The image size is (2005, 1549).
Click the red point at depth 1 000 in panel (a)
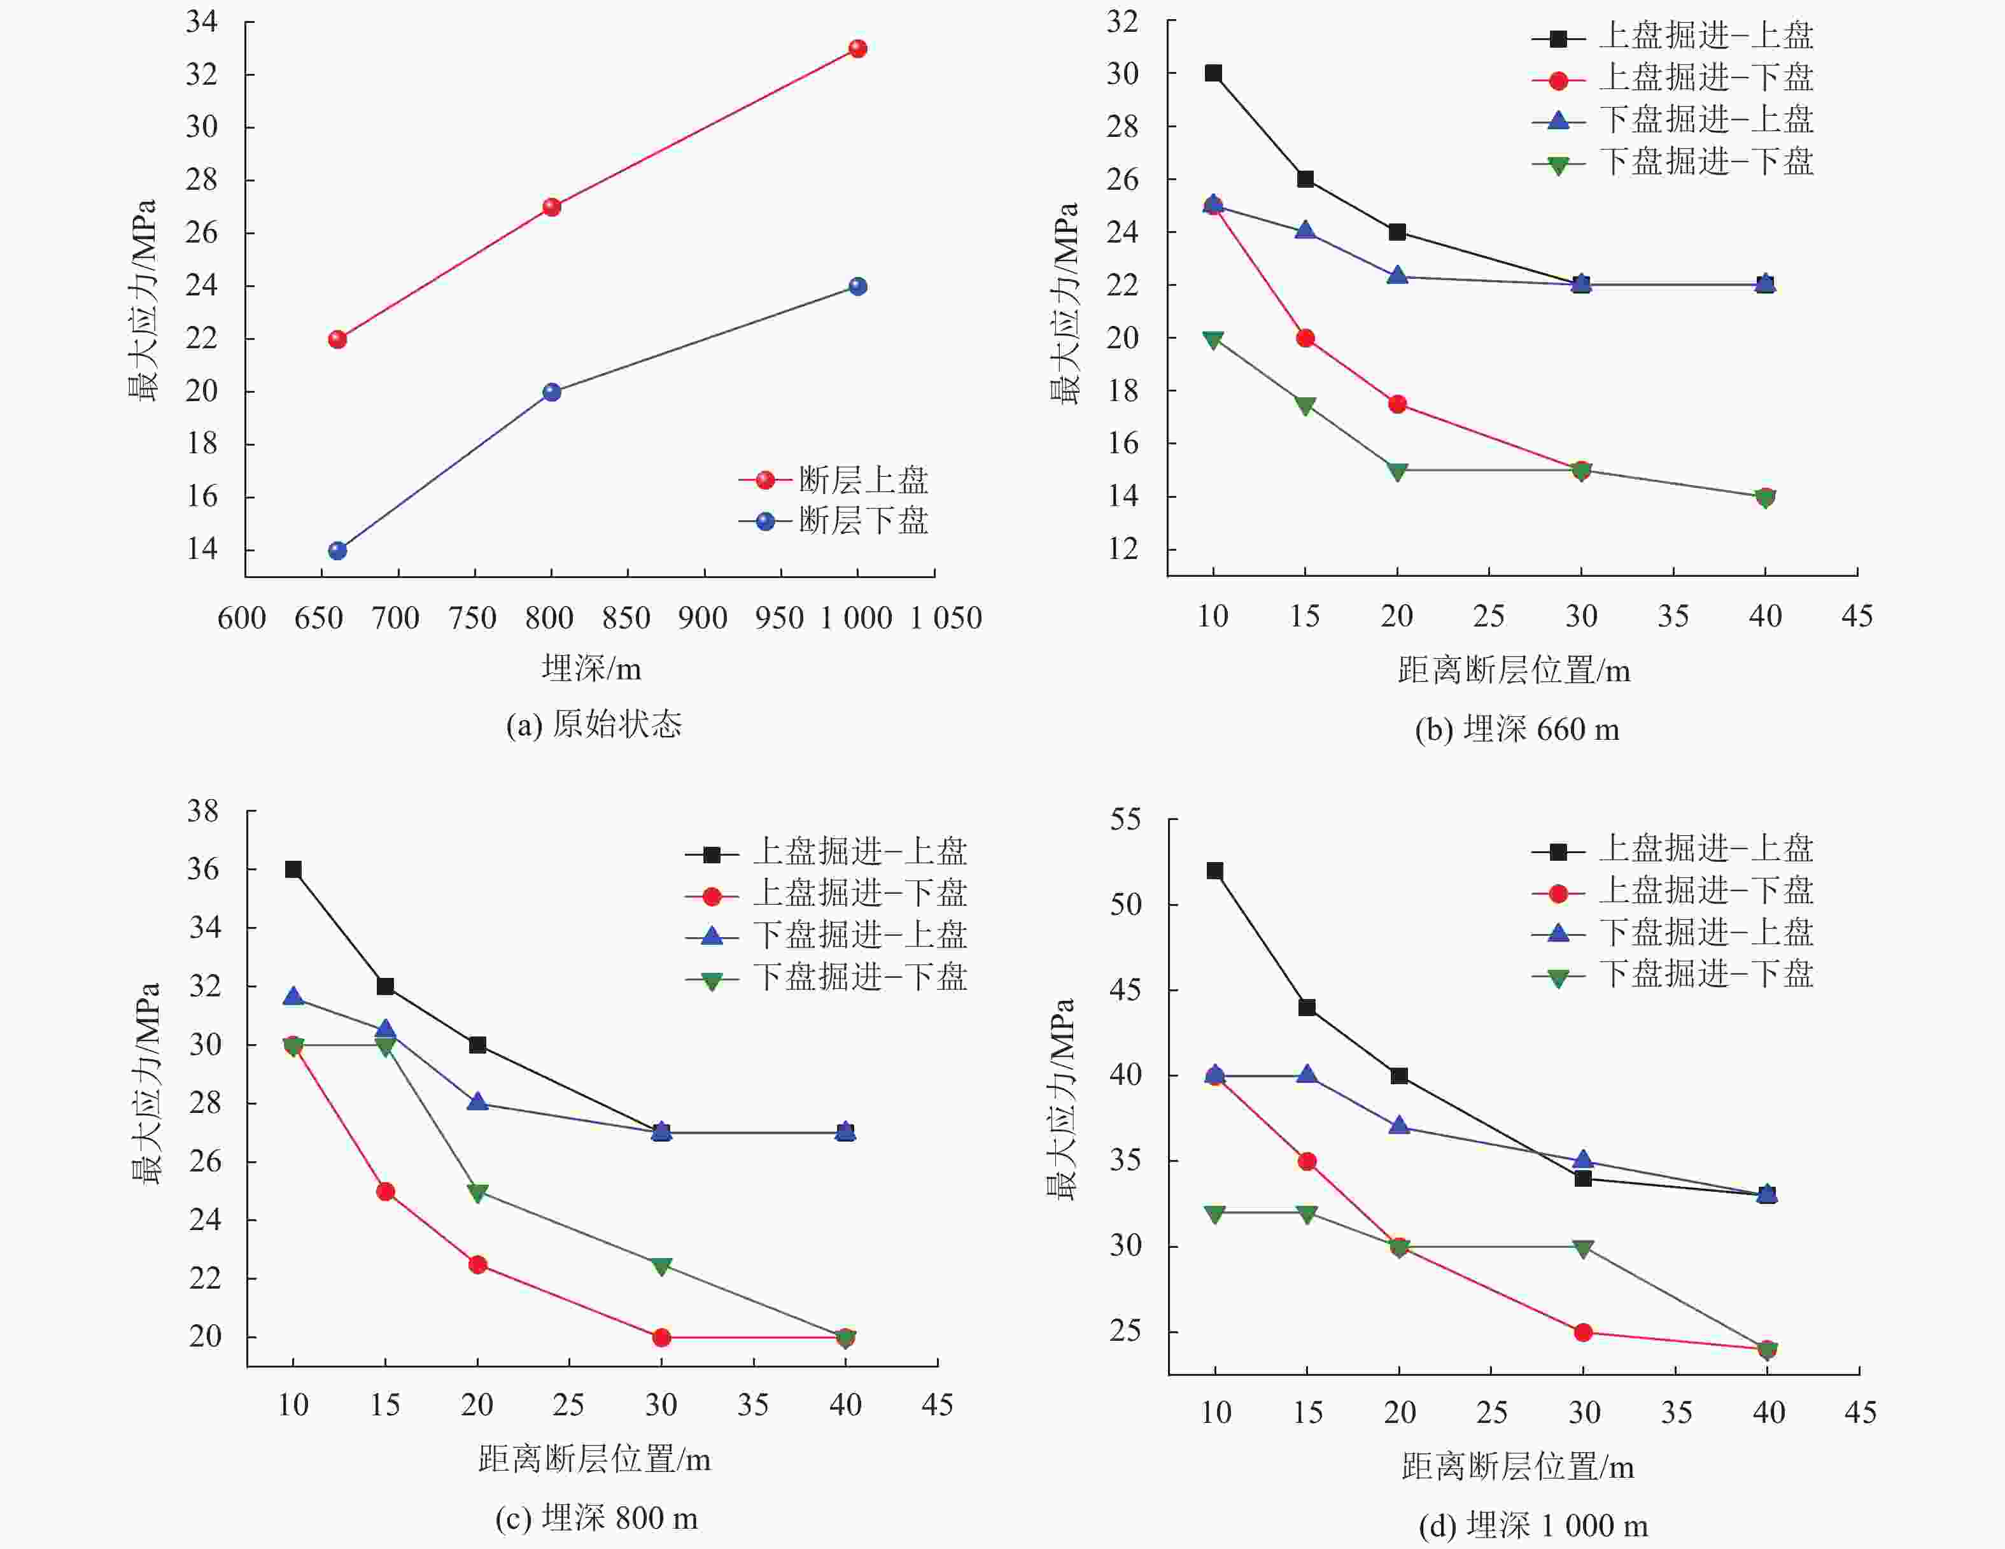(857, 48)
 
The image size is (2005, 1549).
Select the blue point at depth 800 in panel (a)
(552, 392)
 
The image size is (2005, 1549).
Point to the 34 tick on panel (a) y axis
(202, 21)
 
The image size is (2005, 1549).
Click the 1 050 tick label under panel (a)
(946, 618)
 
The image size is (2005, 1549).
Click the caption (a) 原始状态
(594, 725)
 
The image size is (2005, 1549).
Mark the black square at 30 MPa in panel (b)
(1213, 73)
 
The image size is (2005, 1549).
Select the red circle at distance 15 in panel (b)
(1305, 338)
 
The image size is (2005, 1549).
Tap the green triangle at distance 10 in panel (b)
(1213, 340)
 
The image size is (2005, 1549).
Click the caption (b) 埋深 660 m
(1517, 729)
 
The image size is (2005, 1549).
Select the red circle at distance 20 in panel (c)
(477, 1264)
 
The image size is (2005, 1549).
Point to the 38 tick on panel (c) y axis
(204, 810)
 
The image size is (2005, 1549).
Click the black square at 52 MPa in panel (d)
(1214, 870)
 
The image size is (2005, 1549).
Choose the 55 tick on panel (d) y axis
(1125, 819)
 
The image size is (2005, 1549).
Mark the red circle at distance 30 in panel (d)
(1583, 1333)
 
